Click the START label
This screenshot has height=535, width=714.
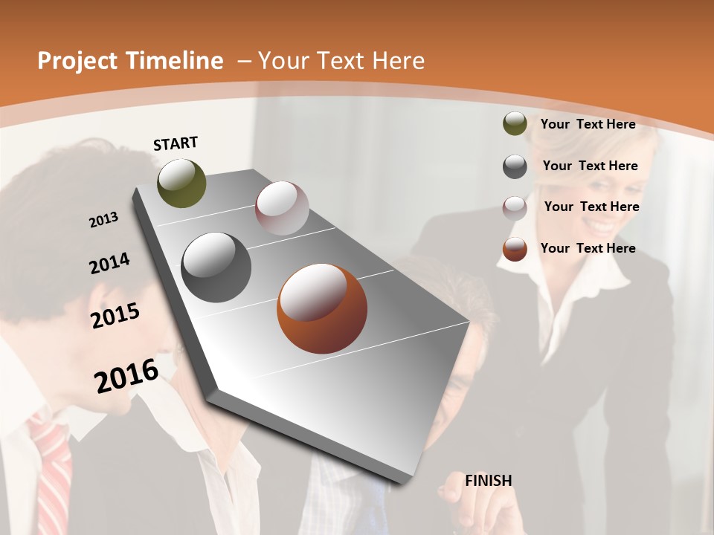pyautogui.click(x=176, y=143)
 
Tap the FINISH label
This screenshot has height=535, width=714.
pyautogui.click(x=489, y=481)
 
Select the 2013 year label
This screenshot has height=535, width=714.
pyautogui.click(x=104, y=220)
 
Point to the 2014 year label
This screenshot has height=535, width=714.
pyautogui.click(x=110, y=263)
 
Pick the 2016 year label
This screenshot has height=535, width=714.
pyautogui.click(x=126, y=375)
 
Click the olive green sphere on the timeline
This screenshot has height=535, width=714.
pyautogui.click(x=181, y=184)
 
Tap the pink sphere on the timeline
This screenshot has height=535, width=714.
pyautogui.click(x=282, y=208)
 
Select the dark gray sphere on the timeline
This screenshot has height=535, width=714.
pyautogui.click(x=216, y=267)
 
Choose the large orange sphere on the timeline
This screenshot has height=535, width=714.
pyautogui.click(x=322, y=308)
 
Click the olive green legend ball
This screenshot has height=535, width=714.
pyautogui.click(x=515, y=124)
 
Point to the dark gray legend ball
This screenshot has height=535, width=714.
pyautogui.click(x=515, y=166)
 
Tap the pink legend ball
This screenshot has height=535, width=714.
pyautogui.click(x=515, y=208)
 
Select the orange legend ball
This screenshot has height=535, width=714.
pyautogui.click(x=515, y=249)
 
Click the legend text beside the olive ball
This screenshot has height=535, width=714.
pyautogui.click(x=588, y=124)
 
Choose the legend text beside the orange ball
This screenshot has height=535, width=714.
pyautogui.click(x=588, y=248)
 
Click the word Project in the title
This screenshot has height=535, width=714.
pyautogui.click(x=79, y=61)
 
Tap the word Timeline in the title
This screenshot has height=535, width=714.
pyautogui.click(x=176, y=61)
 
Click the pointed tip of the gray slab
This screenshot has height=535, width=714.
pyautogui.click(x=402, y=482)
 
